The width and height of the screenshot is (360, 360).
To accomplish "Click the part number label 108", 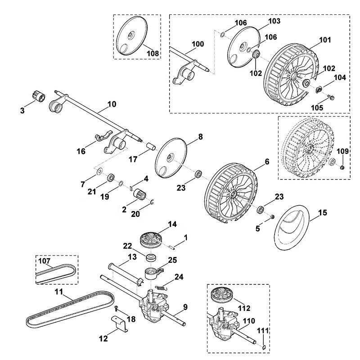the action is click(153, 53).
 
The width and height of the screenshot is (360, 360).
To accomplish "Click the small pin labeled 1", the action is click(172, 246).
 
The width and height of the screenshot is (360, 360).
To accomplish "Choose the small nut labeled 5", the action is click(273, 217).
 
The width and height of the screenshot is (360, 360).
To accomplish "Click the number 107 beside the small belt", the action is click(44, 261).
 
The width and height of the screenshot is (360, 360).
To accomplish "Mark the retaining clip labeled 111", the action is click(264, 347).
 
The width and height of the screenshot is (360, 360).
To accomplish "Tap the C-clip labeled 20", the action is click(152, 202).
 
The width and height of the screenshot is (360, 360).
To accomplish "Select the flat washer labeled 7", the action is click(99, 171).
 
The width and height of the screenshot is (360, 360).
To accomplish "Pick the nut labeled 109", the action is click(342, 167).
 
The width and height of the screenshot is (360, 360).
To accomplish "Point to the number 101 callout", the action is click(325, 40).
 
